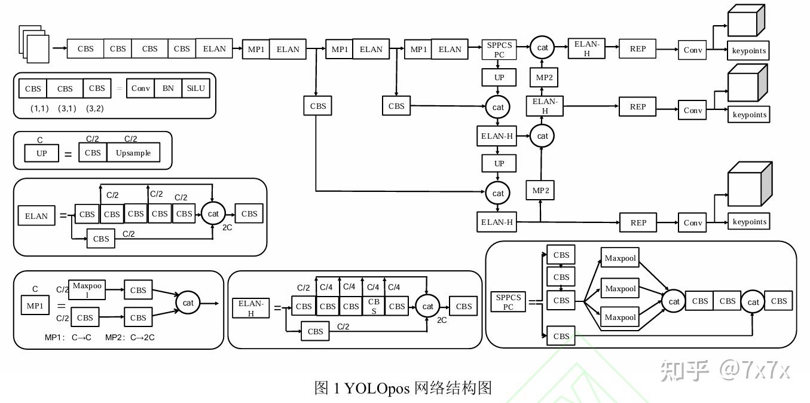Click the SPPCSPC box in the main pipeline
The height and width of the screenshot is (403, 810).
[499, 50]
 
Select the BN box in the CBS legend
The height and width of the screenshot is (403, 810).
[168, 88]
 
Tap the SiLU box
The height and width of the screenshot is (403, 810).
[195, 88]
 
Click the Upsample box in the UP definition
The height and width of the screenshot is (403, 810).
[133, 153]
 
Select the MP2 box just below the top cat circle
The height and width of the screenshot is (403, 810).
[544, 78]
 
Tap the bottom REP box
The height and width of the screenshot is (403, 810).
[638, 222]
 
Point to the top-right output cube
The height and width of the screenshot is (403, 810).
[746, 21]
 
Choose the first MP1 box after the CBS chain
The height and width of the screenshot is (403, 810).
[256, 49]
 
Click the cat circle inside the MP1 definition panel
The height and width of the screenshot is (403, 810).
[188, 303]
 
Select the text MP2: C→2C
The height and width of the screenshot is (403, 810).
[130, 337]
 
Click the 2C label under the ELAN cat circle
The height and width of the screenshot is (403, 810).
[227, 228]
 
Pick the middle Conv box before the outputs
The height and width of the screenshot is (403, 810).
[693, 110]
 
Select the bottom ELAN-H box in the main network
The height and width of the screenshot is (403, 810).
[497, 222]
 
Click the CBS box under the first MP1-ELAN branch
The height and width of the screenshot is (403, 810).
[318, 106]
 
